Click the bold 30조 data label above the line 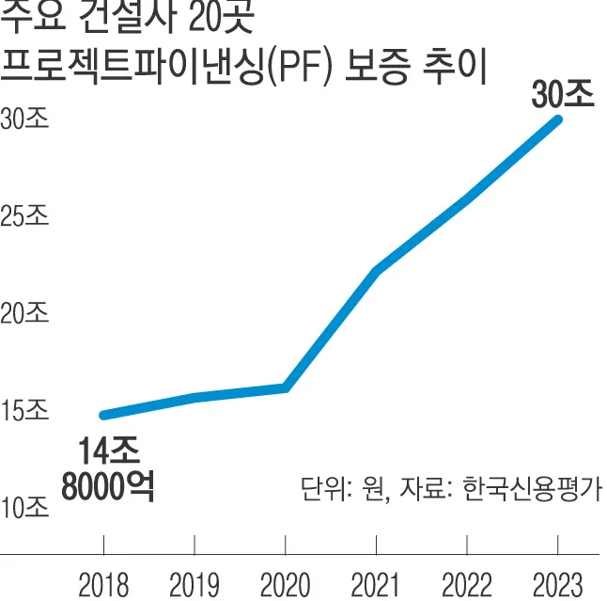click(562, 95)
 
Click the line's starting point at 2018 click(103, 415)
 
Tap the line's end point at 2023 click(558, 119)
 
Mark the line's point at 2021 click(376, 272)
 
